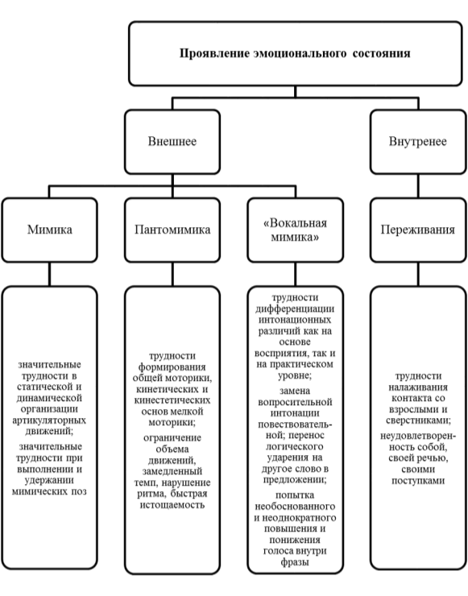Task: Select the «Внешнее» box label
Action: coord(172,142)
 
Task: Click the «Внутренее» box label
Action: coord(417,142)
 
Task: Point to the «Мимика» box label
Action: coord(49,230)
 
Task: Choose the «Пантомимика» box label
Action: coord(172,230)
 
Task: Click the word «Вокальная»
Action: coord(295,223)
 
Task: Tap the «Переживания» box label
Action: coord(418,230)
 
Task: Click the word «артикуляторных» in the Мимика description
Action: coord(49,420)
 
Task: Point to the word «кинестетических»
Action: coord(172,400)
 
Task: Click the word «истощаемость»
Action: coord(172,505)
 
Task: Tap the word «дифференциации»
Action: coord(295,309)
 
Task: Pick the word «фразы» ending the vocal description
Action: coord(295,562)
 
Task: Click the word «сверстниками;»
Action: coord(418,420)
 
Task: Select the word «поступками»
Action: coord(418,481)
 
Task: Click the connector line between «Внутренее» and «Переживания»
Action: coord(418,186)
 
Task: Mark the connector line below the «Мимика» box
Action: coord(49,274)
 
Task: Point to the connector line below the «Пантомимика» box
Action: coord(172,274)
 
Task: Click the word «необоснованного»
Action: coord(295,507)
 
